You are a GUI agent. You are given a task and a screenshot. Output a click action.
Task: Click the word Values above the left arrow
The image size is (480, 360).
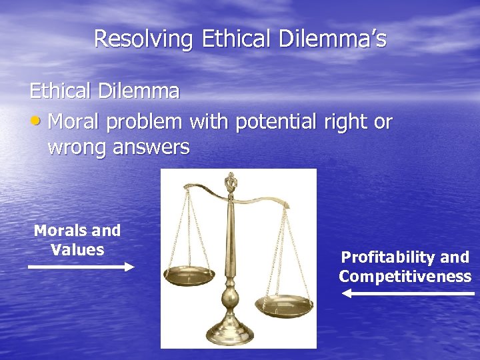pos(77,250)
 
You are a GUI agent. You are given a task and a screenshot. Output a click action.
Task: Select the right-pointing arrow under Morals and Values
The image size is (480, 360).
pos(81,267)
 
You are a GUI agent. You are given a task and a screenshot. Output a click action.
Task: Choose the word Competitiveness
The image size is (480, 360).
pos(405,277)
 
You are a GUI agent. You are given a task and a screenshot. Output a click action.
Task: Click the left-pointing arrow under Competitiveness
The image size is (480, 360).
pos(407,293)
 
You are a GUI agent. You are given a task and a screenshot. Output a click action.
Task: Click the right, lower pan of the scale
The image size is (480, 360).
pos(284,305)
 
